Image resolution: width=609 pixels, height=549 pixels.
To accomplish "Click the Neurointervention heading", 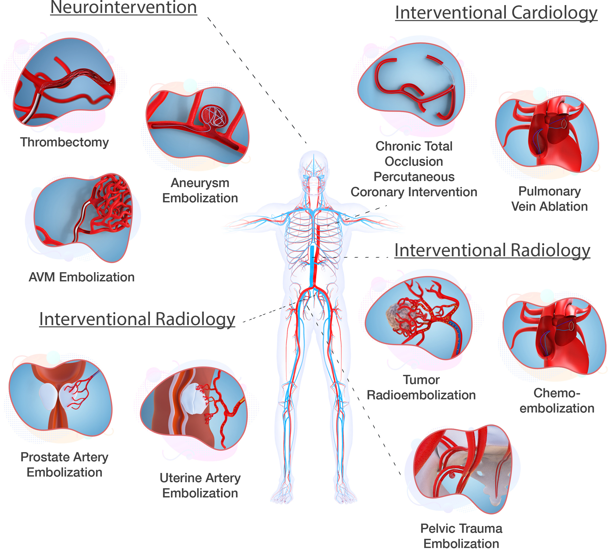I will pos(123,7).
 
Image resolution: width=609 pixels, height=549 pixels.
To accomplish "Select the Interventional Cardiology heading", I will pos(496,13).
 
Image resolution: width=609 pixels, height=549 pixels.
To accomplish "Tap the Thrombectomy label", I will pos(64,142).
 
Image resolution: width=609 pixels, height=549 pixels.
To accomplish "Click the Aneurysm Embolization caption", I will pos(200,190).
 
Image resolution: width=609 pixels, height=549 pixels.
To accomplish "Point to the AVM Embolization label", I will pos(82,277).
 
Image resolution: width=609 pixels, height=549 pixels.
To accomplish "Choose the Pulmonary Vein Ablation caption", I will pos(549,199).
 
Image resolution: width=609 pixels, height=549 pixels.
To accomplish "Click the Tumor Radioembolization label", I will pos(421,387).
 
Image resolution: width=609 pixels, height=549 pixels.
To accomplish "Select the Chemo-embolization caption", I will pos(557,400).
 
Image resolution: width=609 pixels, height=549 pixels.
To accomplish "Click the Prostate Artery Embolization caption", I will pos(64,464).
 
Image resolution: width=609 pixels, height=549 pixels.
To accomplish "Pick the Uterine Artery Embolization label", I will pos(200,485).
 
